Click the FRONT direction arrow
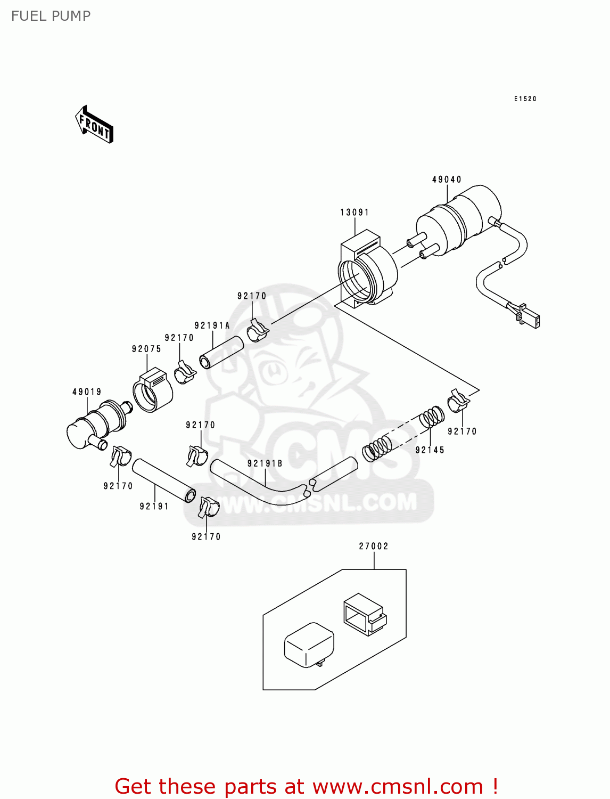95,125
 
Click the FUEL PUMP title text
51,16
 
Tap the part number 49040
447,180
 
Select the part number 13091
355,213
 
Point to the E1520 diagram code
525,99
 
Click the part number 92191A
212,325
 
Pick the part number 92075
146,349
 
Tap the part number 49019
87,392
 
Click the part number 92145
430,450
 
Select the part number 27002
374,546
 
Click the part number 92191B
265,463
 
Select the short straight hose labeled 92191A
221,352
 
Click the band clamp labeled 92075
153,392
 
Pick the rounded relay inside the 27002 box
309,646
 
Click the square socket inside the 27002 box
365,615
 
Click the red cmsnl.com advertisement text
306,786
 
